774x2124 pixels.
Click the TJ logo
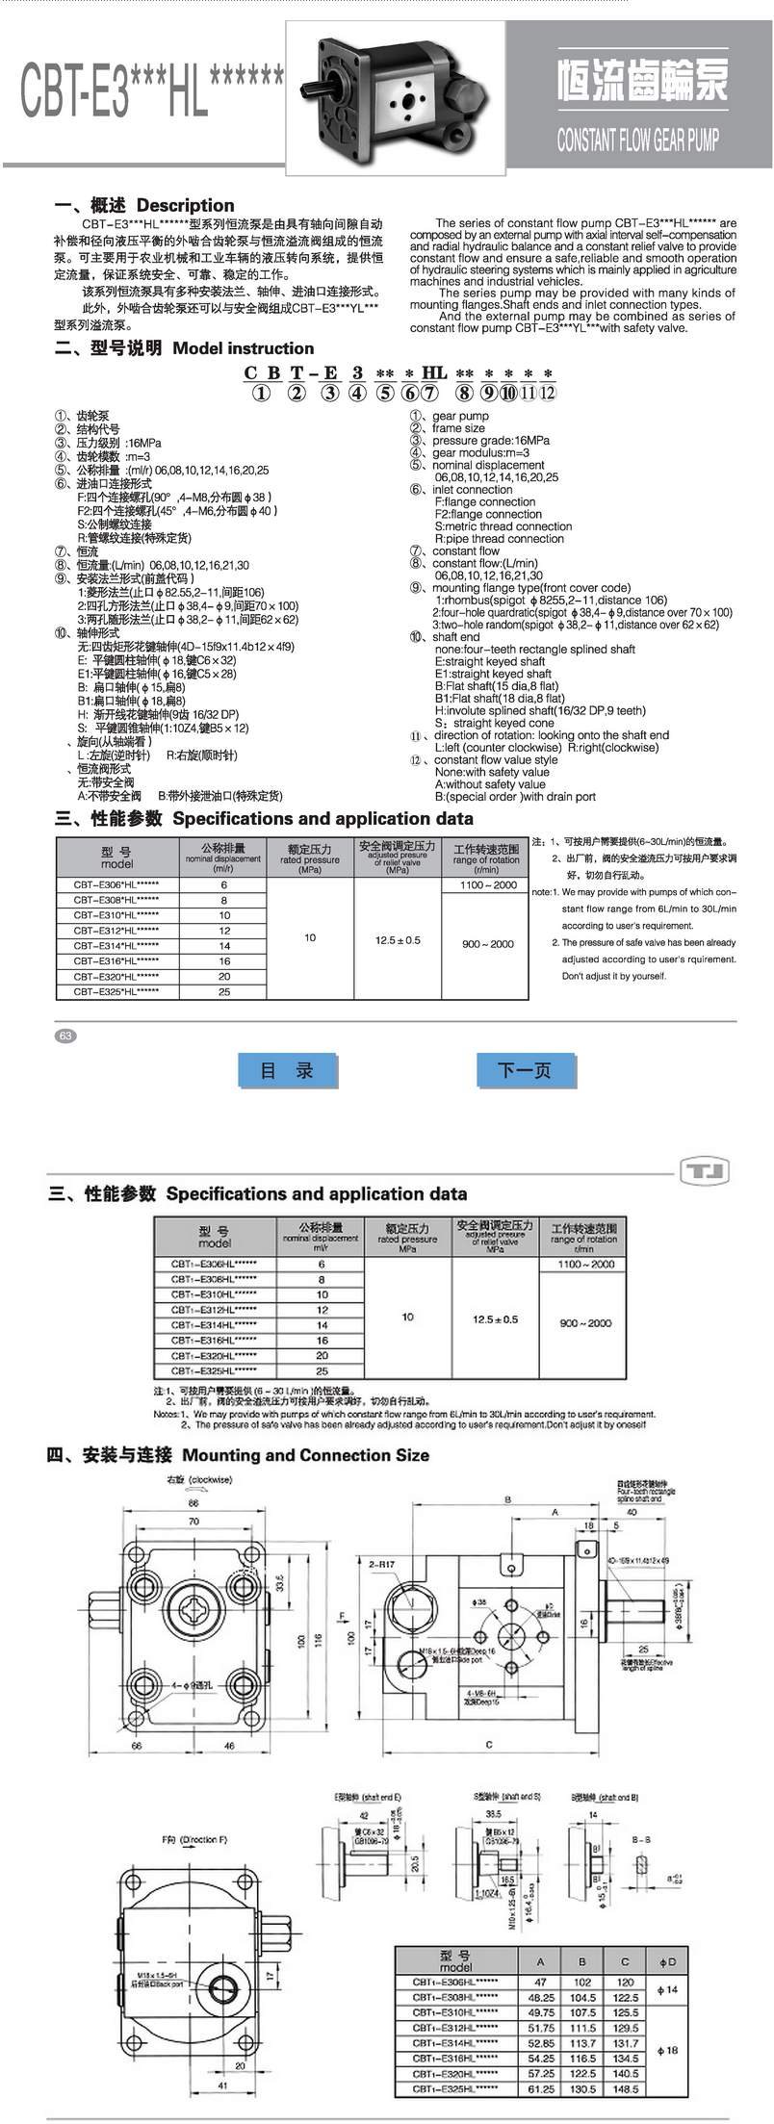pyautogui.click(x=705, y=1171)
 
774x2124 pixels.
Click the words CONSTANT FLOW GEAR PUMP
pyautogui.click(x=637, y=141)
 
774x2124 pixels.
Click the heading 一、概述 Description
pyautogui.click(x=144, y=205)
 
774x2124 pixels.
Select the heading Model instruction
pyautogui.click(x=244, y=348)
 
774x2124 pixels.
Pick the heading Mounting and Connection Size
pyautogui.click(x=305, y=1455)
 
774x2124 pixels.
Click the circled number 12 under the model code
pyautogui.click(x=549, y=392)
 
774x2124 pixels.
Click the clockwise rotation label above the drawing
pyautogui.click(x=198, y=1479)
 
